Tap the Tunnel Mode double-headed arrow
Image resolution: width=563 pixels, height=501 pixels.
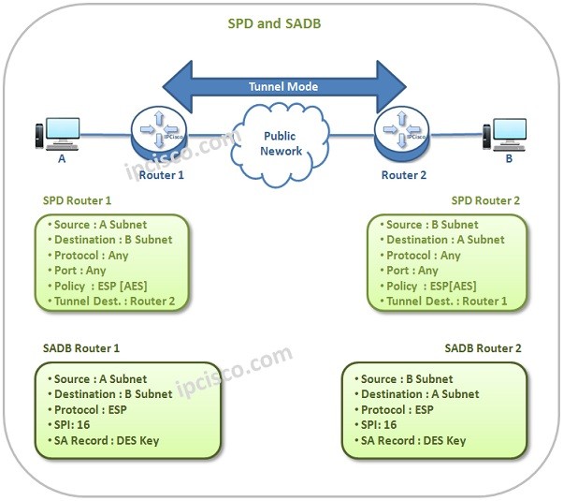click(x=282, y=87)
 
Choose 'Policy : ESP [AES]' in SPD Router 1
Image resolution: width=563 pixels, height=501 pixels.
click(x=102, y=286)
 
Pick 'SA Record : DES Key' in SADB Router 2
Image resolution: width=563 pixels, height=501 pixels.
click(x=413, y=440)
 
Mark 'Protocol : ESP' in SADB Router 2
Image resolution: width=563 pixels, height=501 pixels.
click(x=397, y=409)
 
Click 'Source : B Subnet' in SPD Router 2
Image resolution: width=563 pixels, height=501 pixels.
click(x=432, y=225)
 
